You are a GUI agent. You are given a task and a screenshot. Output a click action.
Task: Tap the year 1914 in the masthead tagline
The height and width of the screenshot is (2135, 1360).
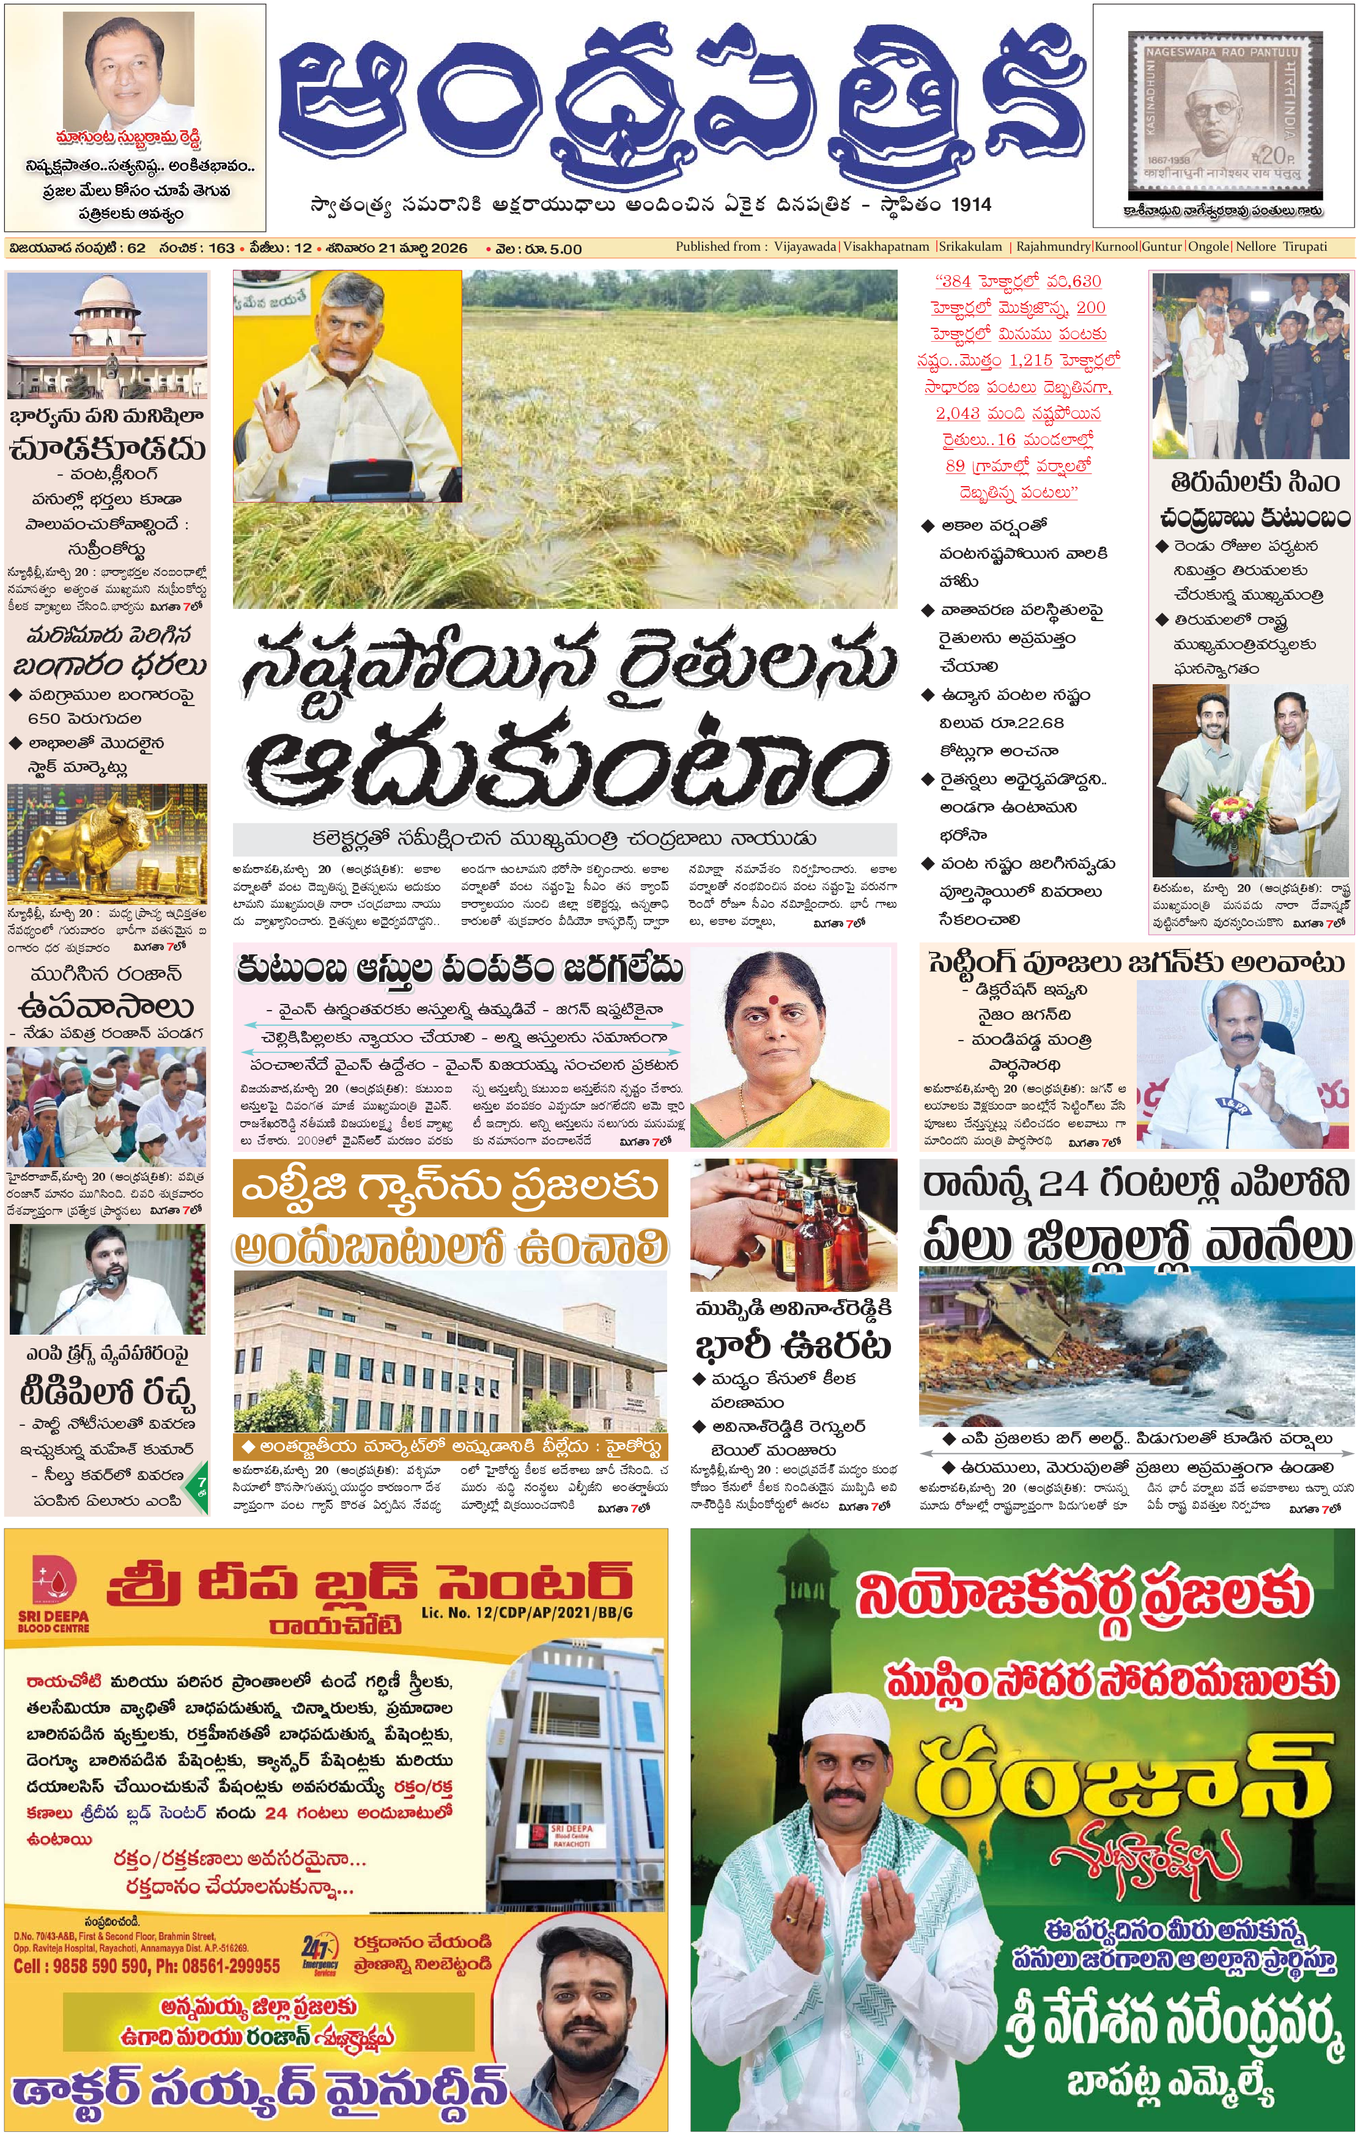970,205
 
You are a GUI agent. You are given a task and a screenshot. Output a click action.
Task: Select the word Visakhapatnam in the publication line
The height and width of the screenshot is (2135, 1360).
885,246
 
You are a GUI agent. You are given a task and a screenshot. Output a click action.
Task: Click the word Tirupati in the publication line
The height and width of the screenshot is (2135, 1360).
1304,246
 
